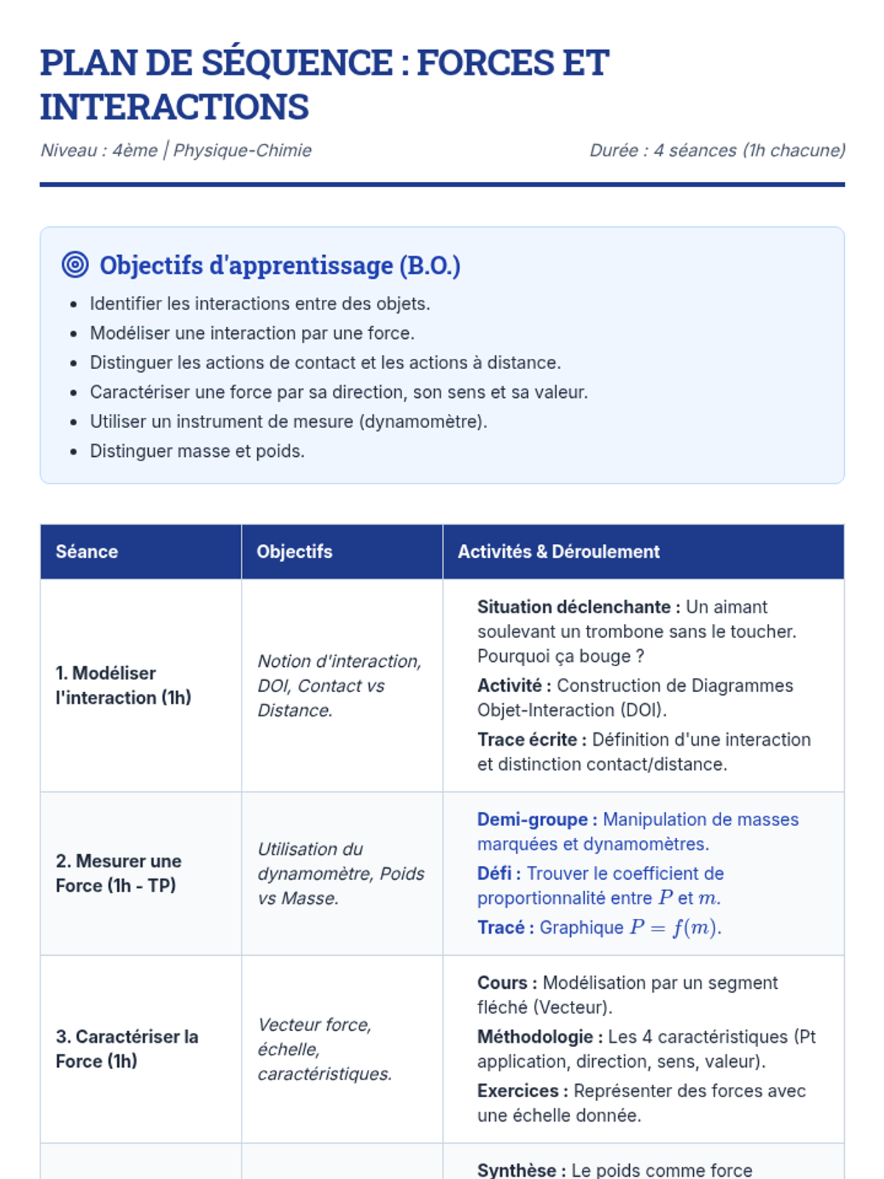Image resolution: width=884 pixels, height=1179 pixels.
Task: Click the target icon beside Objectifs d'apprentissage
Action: pos(75,265)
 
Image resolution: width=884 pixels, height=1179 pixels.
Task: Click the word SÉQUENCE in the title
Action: pos(297,63)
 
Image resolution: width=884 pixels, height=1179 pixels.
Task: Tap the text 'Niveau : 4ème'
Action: pos(99,150)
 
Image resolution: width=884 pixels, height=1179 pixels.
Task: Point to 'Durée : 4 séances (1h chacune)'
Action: pos(717,150)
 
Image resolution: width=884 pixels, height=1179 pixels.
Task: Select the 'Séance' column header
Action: pos(87,551)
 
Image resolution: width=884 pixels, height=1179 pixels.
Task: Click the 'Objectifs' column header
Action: pos(294,551)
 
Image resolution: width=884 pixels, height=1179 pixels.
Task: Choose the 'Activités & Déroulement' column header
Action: pos(558,551)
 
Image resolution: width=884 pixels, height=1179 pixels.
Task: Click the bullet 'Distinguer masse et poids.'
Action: pos(197,451)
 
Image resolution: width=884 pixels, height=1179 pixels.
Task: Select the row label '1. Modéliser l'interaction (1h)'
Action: pos(123,685)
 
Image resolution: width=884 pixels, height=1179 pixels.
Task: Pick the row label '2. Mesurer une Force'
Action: pos(118,873)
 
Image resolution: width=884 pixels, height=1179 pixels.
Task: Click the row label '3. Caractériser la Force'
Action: pos(127,1049)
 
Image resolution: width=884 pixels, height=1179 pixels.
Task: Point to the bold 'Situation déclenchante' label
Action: pos(574,607)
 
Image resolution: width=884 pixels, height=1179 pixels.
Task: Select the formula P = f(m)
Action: pos(673,928)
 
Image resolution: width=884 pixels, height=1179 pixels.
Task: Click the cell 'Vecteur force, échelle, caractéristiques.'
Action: pos(324,1049)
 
